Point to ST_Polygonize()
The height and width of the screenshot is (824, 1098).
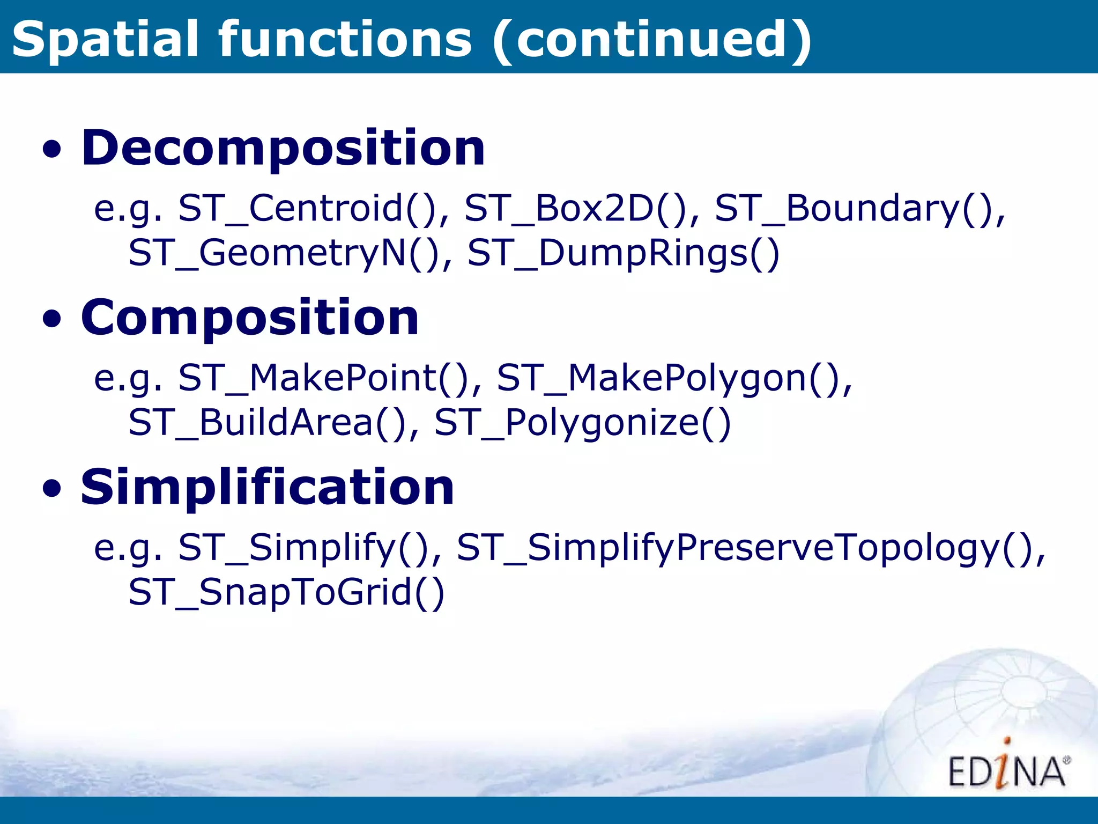582,422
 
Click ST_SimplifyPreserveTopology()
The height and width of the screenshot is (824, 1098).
751,548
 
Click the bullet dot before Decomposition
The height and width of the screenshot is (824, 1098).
52,151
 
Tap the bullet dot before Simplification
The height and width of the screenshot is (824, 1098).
52,490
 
